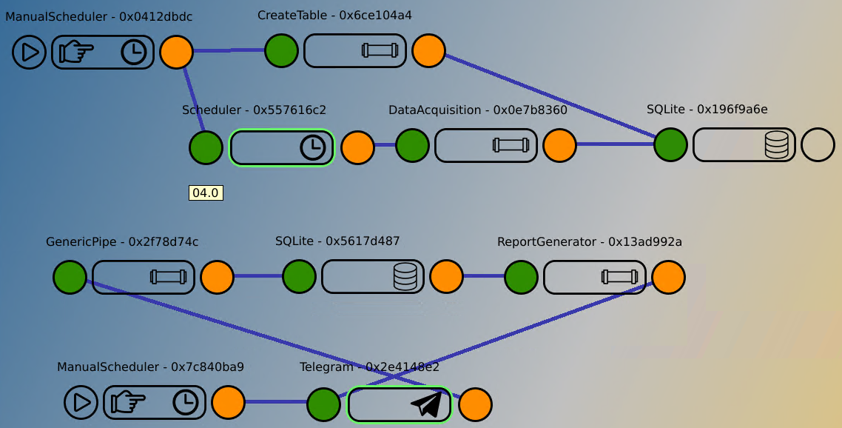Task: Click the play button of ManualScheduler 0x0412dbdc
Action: [30, 53]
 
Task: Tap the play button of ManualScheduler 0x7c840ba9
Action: [81, 403]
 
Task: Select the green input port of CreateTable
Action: [282, 50]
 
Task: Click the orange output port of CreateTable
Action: [428, 50]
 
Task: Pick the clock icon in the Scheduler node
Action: [313, 147]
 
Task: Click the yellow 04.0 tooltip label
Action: [206, 193]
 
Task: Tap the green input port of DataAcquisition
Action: [412, 145]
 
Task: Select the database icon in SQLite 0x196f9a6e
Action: [776, 145]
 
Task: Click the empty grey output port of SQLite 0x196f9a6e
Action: [818, 145]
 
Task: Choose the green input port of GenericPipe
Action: [70, 277]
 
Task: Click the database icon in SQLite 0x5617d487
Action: [405, 277]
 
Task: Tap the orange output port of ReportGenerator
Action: [668, 277]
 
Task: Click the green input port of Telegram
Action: [323, 404]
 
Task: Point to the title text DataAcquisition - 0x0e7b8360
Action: [477, 110]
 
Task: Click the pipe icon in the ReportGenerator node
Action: [620, 277]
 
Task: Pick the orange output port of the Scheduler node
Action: [357, 147]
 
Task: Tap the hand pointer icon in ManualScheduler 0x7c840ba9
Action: [128, 403]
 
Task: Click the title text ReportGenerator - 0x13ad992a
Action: [589, 241]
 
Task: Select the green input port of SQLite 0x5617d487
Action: [300, 277]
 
